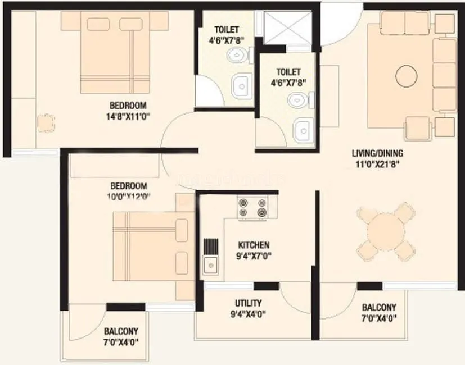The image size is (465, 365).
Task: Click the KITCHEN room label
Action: [x=254, y=245]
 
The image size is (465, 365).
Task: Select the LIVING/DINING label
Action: [x=377, y=153]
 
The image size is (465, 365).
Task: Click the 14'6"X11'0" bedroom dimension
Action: [x=128, y=116]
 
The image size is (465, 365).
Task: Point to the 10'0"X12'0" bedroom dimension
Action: [x=128, y=196]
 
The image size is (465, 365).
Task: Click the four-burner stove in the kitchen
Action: [x=252, y=207]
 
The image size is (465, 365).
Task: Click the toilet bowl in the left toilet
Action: [x=237, y=54]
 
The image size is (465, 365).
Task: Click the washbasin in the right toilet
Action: [x=302, y=130]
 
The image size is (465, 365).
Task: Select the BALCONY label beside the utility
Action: [x=378, y=308]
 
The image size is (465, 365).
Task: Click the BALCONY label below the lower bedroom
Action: [x=121, y=331]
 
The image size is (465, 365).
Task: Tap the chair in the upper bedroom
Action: [x=44, y=123]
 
